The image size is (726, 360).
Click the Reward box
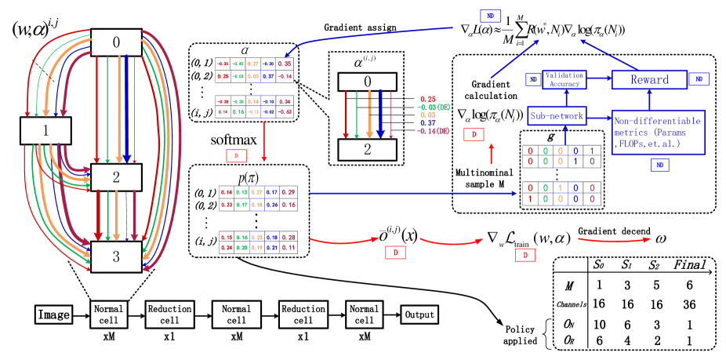coord(650,79)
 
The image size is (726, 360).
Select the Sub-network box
coord(557,116)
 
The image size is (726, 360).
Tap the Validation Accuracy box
coord(564,79)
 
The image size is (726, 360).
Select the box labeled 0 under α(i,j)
coord(368,82)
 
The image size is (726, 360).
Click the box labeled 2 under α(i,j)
coord(368,149)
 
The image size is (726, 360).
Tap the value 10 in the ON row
coord(598,323)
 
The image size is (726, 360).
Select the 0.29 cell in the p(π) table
coord(289,191)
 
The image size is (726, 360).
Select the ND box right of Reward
coord(699,79)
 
